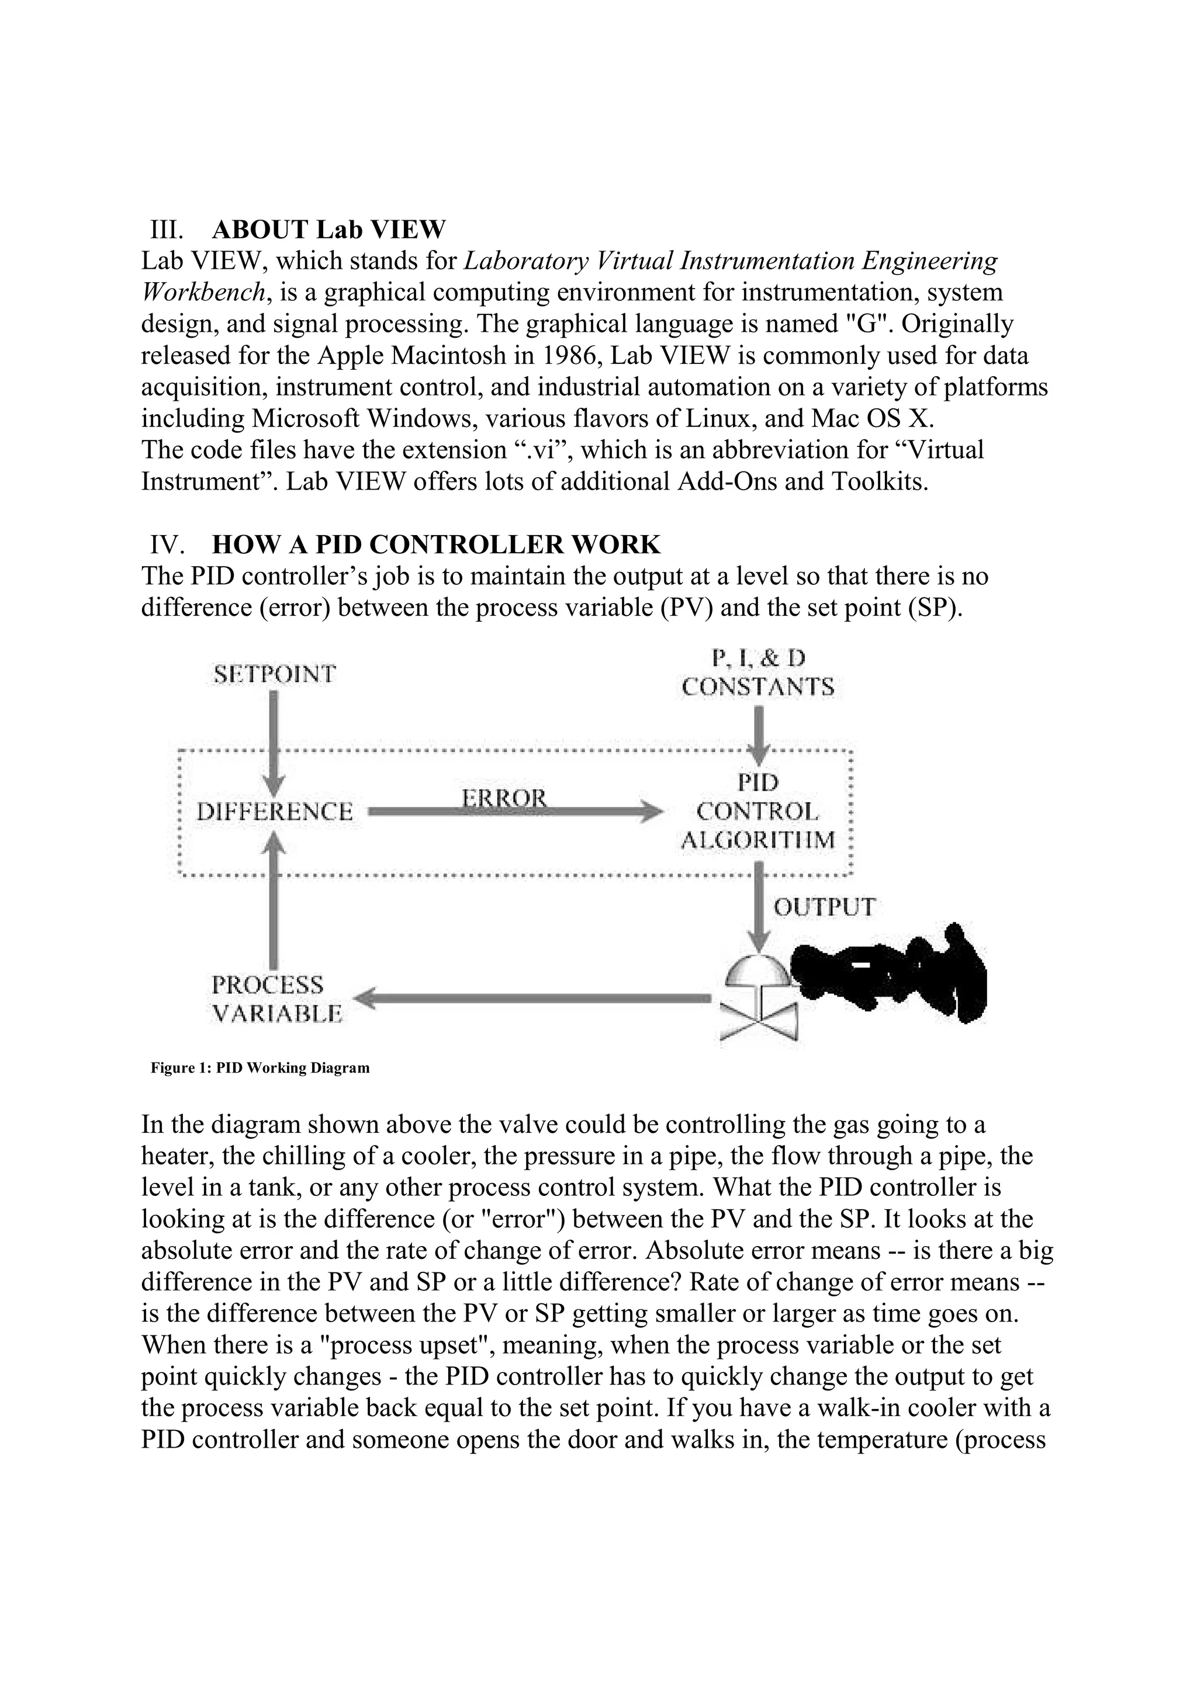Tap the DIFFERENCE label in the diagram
coord(274,812)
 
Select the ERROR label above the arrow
coord(504,798)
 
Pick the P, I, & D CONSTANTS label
coord(757,672)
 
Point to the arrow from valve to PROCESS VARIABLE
coord(531,999)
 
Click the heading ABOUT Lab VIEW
coord(328,230)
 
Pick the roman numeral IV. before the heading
coord(166,545)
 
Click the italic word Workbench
coord(203,293)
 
